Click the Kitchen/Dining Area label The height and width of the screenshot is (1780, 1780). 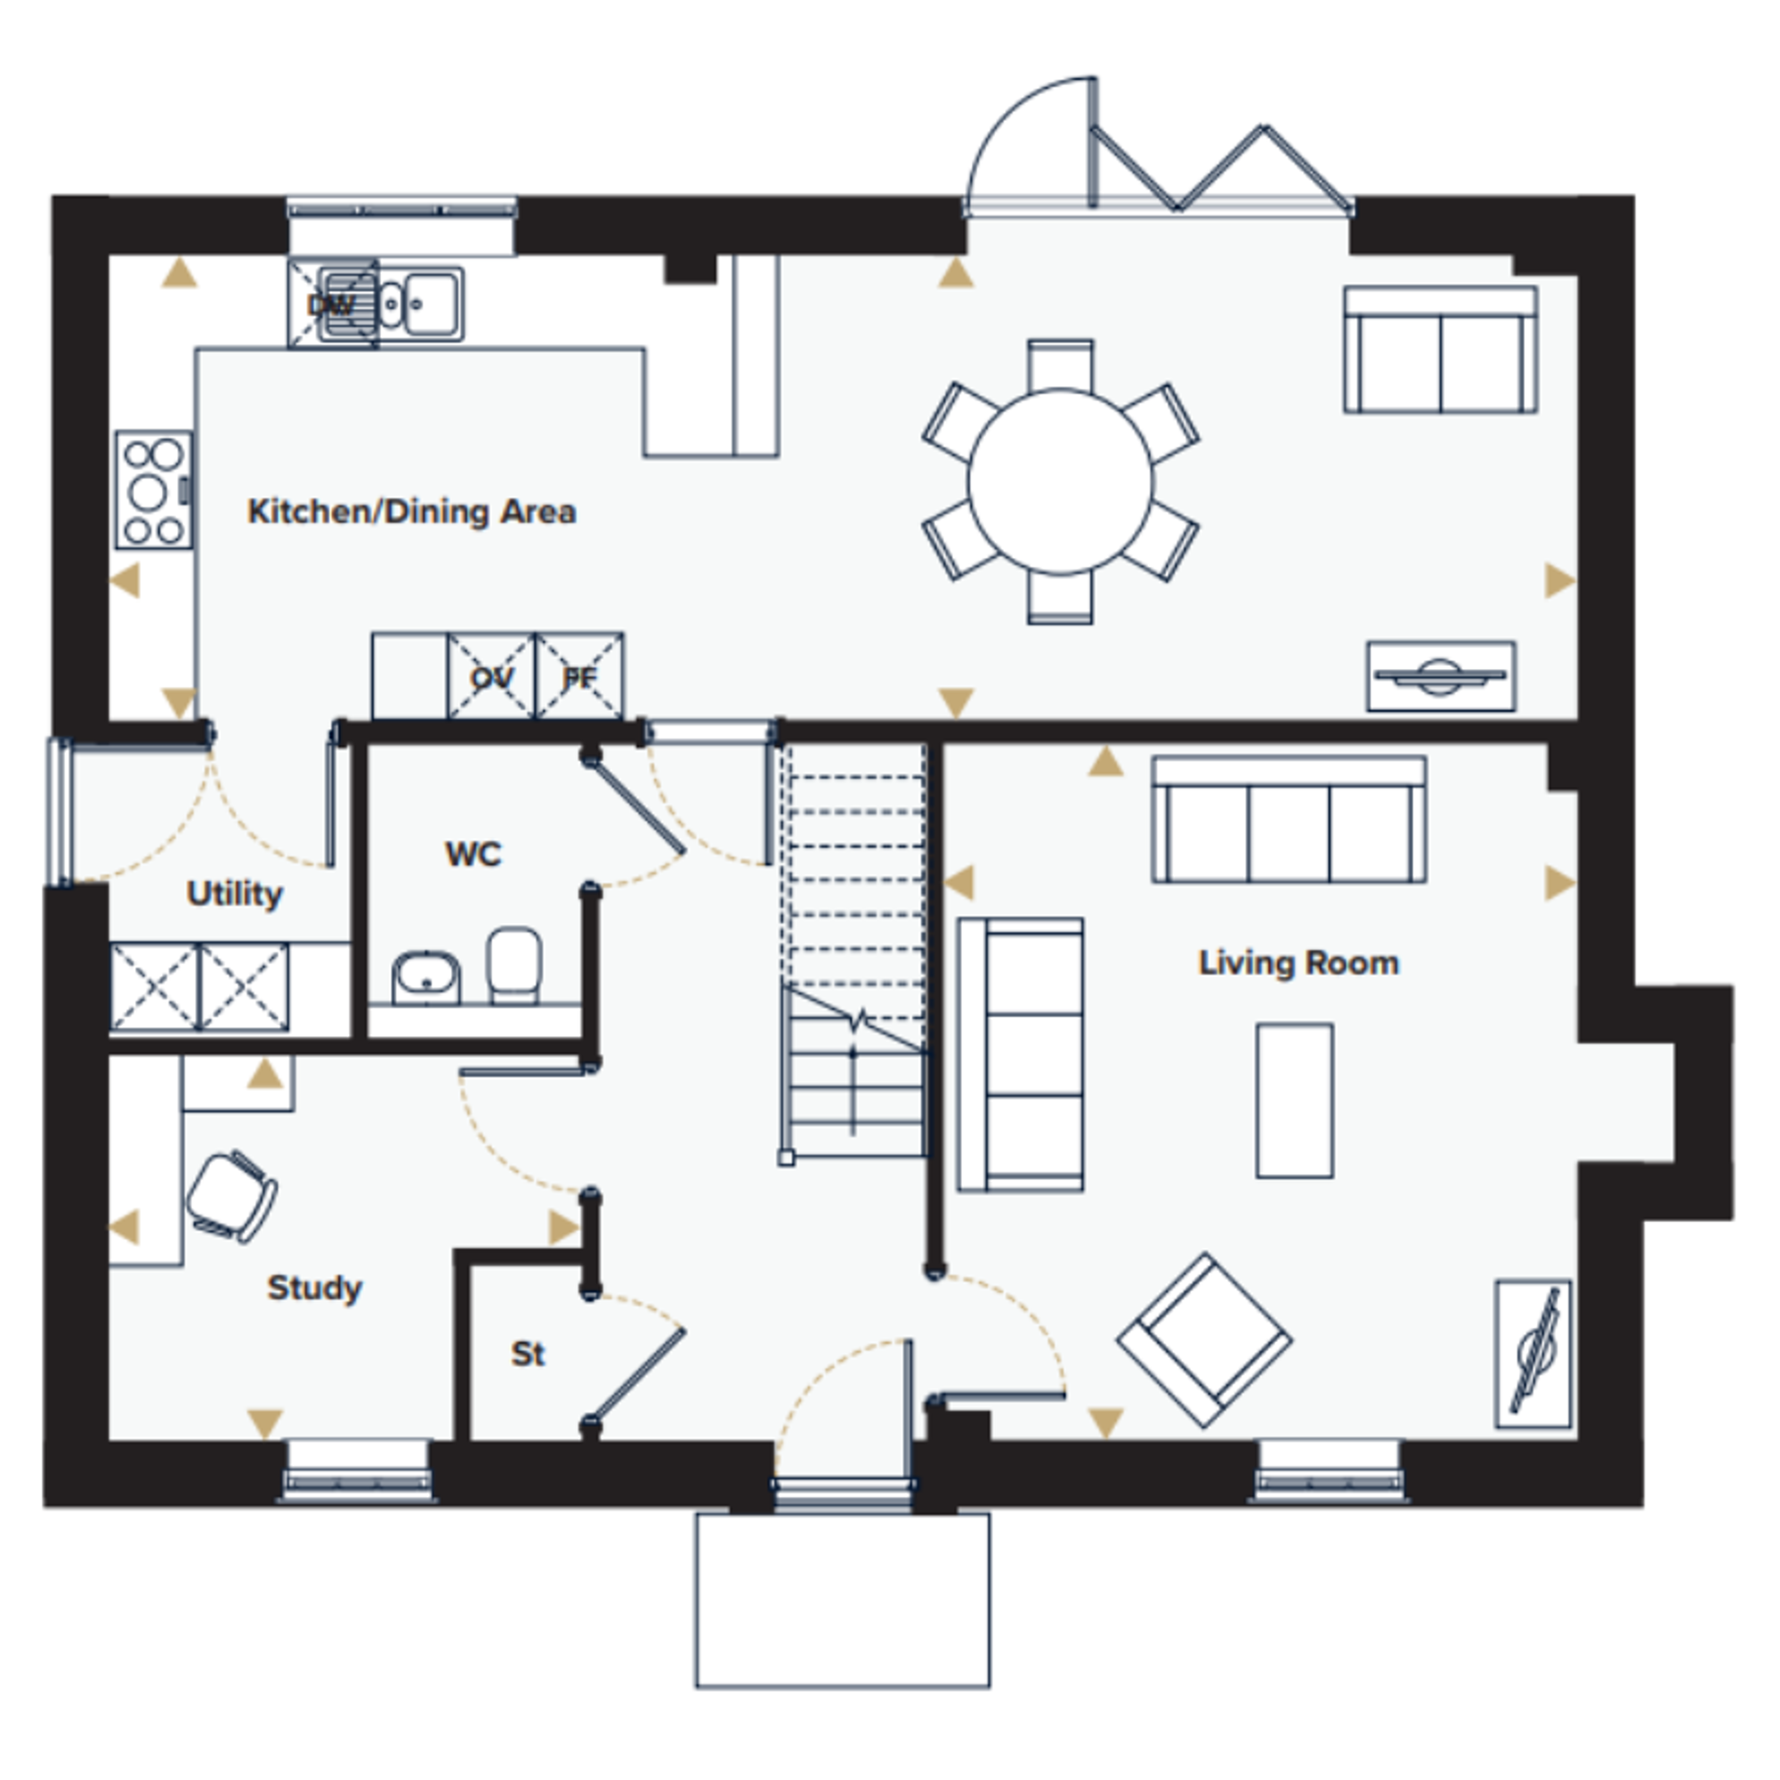pos(412,512)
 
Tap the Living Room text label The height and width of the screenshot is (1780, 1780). pos(1299,964)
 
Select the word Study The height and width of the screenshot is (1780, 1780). pos(314,1289)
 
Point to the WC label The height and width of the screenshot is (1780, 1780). pos(473,854)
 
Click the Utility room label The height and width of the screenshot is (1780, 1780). pos(234,894)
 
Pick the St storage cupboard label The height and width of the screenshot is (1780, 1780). pos(528,1354)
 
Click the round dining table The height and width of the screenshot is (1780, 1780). pos(1061,481)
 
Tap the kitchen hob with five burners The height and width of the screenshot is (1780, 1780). pos(154,490)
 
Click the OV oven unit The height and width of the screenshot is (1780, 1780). pos(491,676)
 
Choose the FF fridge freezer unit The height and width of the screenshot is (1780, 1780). pos(578,676)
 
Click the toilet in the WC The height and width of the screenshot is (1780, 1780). pos(514,965)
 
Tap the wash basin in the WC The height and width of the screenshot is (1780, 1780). pos(426,976)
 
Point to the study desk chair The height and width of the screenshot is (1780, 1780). pos(232,1196)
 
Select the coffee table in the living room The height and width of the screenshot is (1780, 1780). pos(1294,1100)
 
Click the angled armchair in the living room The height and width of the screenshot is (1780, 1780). pos(1204,1340)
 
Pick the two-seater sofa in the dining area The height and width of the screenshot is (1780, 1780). pos(1440,350)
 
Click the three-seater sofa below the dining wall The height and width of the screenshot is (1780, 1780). pos(1289,820)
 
